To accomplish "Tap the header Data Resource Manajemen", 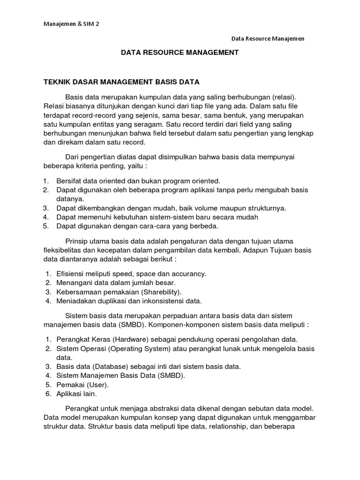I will click(x=268, y=39).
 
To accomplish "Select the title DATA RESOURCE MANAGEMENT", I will click(x=180, y=53).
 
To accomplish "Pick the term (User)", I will click(x=97, y=385).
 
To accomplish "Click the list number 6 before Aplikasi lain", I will click(x=48, y=394).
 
